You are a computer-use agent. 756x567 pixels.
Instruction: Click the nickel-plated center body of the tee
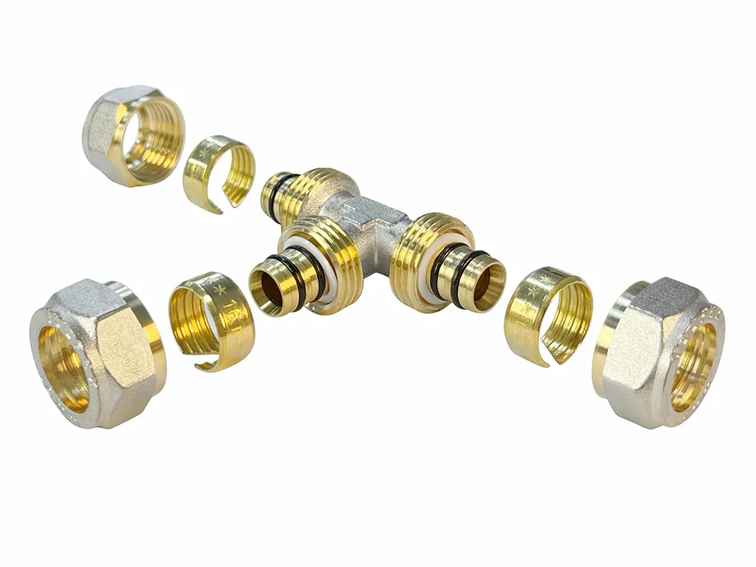(x=365, y=214)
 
